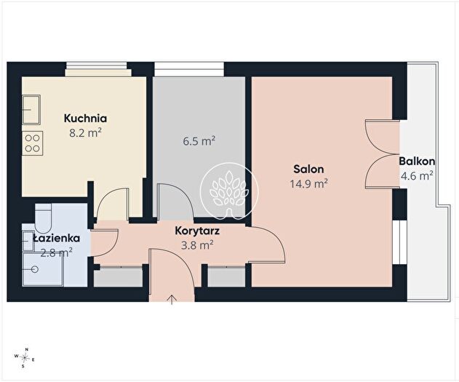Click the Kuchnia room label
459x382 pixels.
[85, 119]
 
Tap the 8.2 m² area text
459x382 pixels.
[85, 133]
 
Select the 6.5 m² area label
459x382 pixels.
[199, 141]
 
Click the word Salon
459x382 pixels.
[308, 170]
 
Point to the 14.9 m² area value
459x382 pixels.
[308, 184]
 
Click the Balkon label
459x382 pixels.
[417, 162]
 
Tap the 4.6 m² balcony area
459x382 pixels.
[417, 176]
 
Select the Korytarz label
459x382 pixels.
[197, 231]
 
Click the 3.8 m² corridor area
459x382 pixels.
[197, 245]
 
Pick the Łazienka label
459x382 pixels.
[56, 238]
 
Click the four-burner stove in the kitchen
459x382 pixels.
[33, 143]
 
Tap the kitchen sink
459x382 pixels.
[31, 110]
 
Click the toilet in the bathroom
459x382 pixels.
[43, 218]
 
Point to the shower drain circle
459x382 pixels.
[36, 269]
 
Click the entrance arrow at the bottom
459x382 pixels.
[172, 300]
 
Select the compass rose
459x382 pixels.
[25, 357]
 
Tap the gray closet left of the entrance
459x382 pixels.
[118, 277]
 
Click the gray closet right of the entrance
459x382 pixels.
[226, 277]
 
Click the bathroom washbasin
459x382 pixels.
[28, 241]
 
